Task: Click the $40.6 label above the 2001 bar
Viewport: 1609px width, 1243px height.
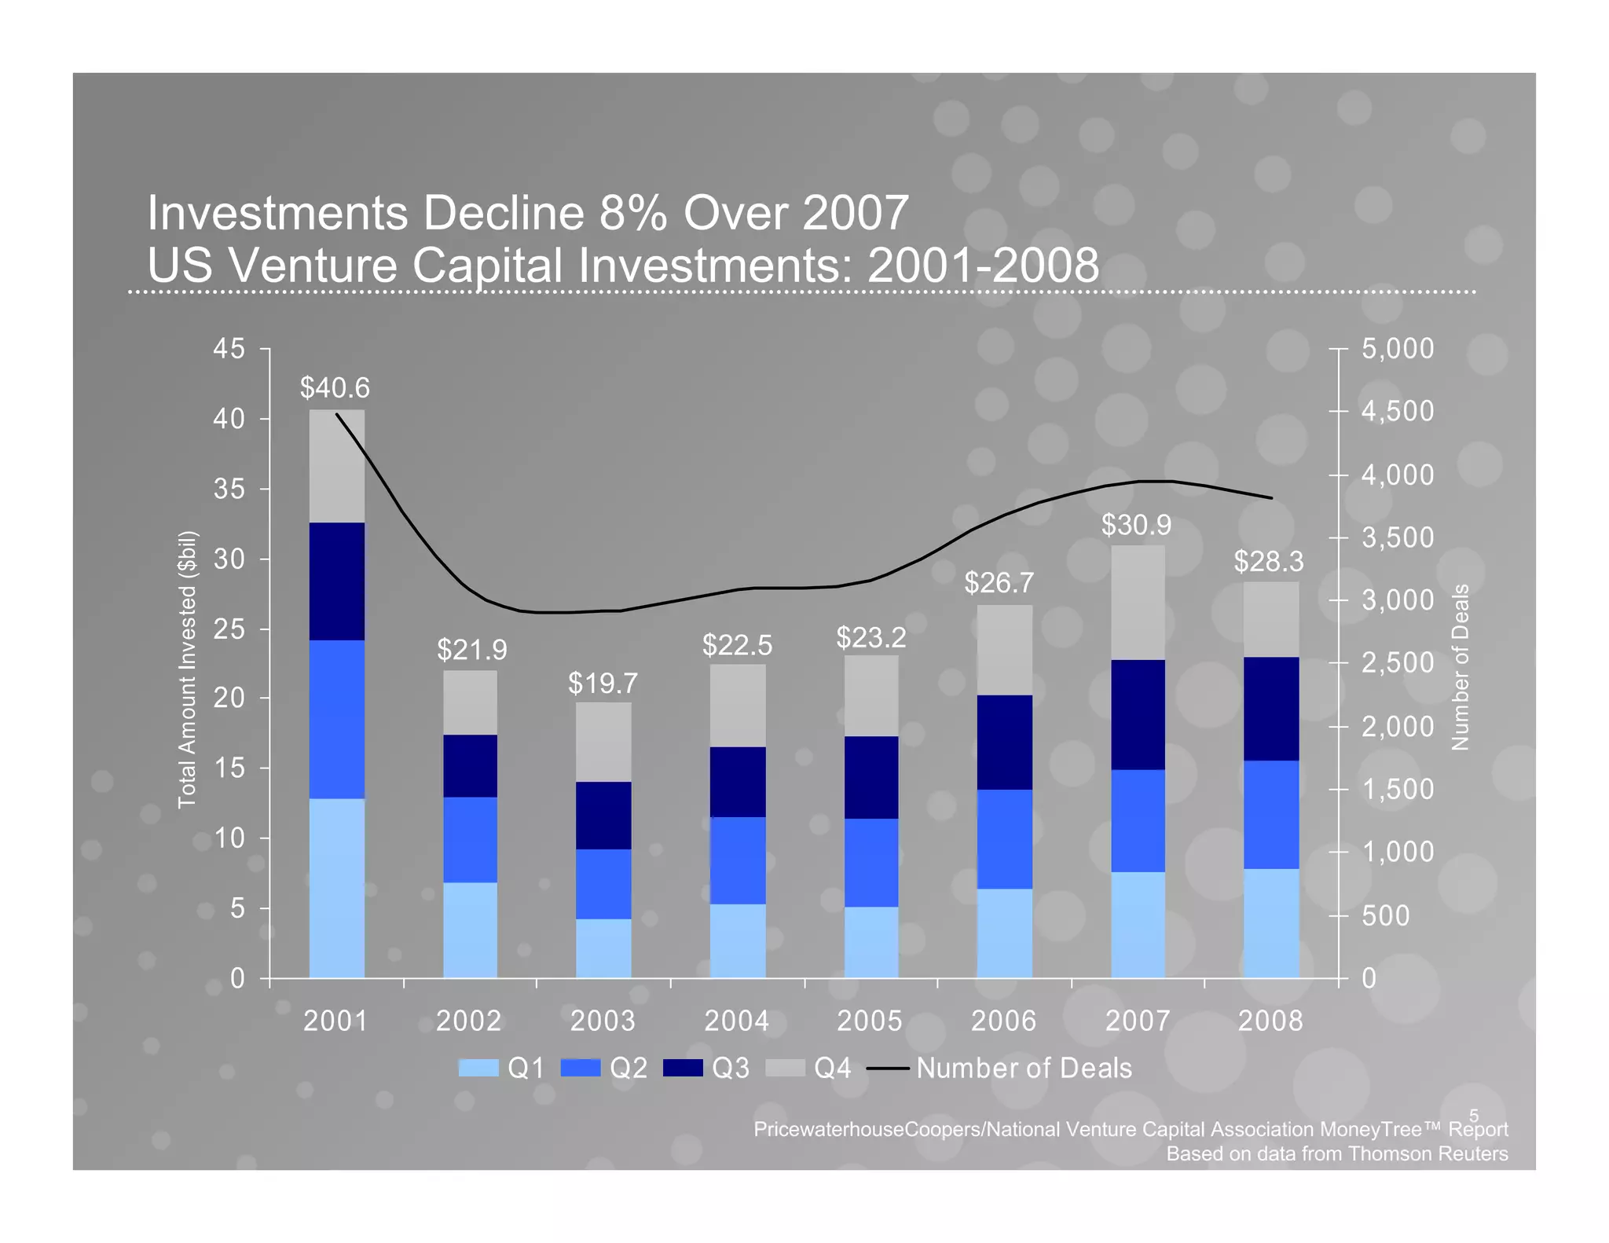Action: pyautogui.click(x=335, y=388)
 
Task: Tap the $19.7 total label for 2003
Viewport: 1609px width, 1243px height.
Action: pyautogui.click(x=603, y=684)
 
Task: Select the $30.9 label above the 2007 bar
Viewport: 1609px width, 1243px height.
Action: pyautogui.click(x=1136, y=525)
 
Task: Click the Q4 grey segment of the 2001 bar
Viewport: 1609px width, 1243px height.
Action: pyautogui.click(x=336, y=466)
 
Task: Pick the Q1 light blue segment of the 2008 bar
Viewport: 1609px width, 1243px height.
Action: pyautogui.click(x=1270, y=922)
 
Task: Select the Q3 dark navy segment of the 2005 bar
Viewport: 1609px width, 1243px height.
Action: pyautogui.click(x=870, y=777)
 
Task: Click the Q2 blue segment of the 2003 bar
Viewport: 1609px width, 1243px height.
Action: pyautogui.click(x=603, y=883)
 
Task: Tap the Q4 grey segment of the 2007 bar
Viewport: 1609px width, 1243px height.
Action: pyautogui.click(x=1137, y=603)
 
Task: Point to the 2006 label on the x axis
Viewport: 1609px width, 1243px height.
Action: pyautogui.click(x=1003, y=1021)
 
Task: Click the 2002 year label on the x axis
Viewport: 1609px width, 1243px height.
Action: pyautogui.click(x=468, y=1021)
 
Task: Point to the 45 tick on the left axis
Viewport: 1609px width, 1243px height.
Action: pyautogui.click(x=229, y=349)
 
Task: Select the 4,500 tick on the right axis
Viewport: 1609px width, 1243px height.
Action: pyautogui.click(x=1397, y=411)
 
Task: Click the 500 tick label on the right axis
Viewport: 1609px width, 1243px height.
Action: pyautogui.click(x=1385, y=915)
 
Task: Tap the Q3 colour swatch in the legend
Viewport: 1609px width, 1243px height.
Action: pyautogui.click(x=682, y=1068)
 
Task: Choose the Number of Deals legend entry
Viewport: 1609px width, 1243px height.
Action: pyautogui.click(x=1023, y=1068)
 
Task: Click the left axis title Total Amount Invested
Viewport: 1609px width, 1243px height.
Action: pyautogui.click(x=186, y=669)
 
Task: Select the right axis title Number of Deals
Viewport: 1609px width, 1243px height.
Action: pyautogui.click(x=1460, y=667)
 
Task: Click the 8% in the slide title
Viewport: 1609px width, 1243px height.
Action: pyautogui.click(x=632, y=213)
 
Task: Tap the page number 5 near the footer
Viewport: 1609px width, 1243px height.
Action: pyautogui.click(x=1473, y=1116)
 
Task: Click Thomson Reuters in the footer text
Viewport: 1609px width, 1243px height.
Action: pyautogui.click(x=1428, y=1153)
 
